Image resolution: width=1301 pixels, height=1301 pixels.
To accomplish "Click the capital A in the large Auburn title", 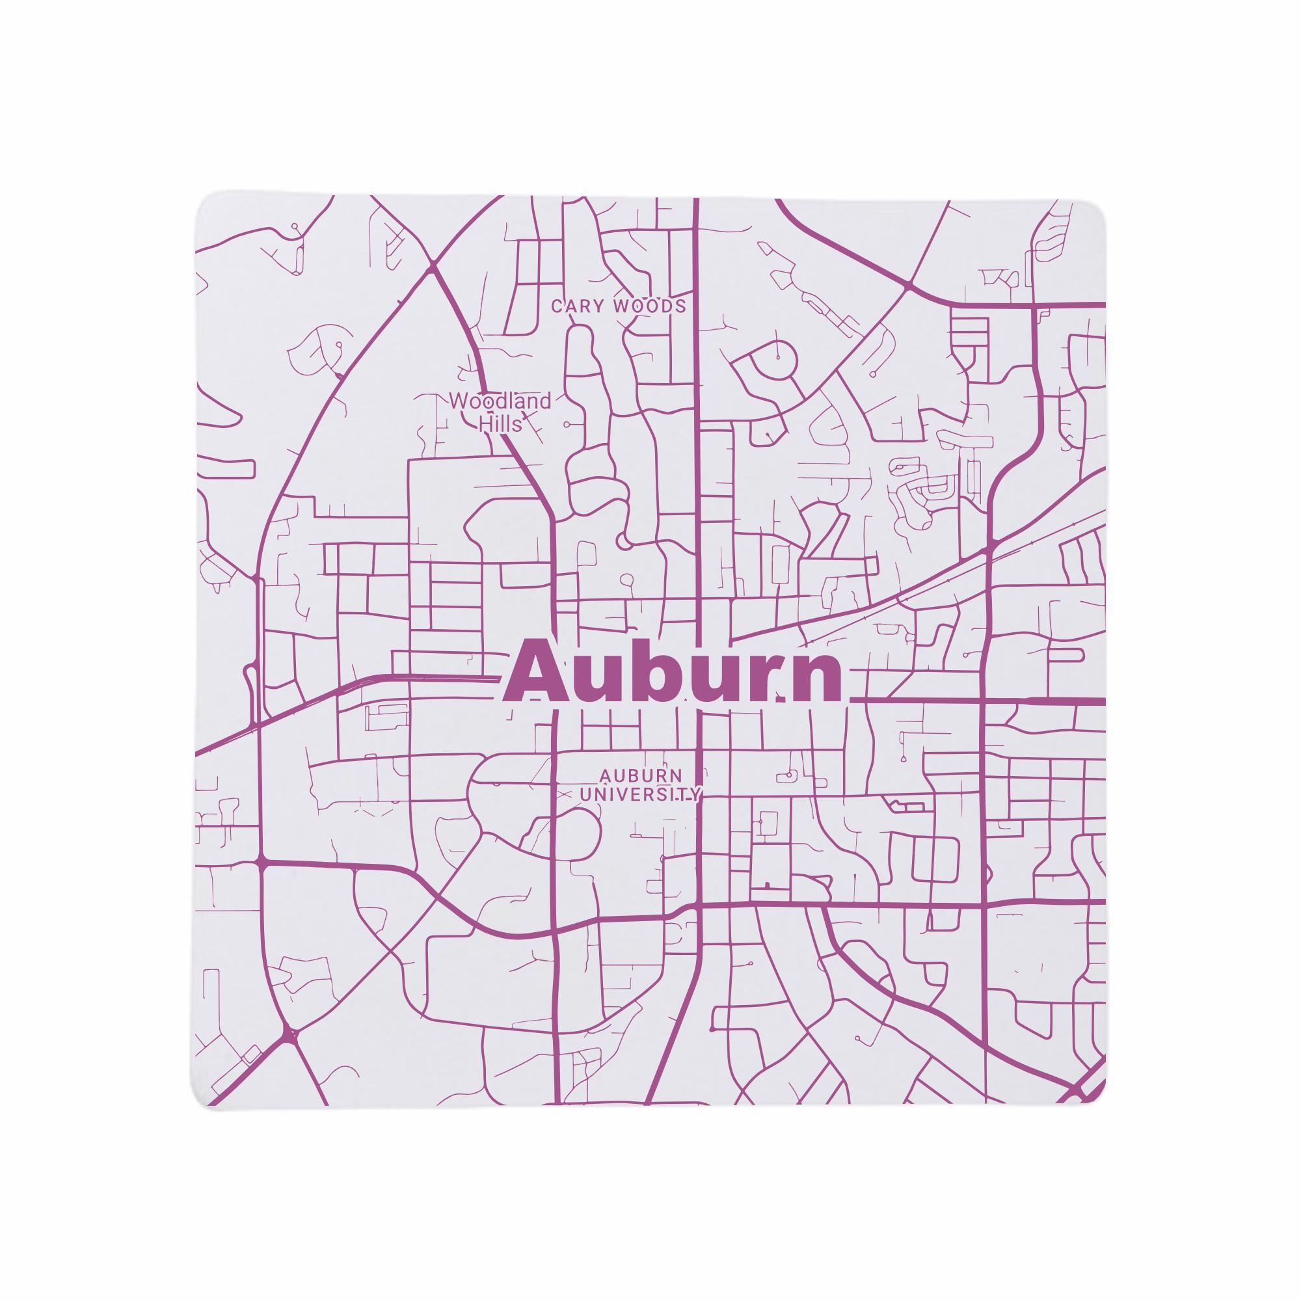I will coord(537,673).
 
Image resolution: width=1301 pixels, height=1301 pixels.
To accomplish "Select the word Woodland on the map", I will coord(500,402).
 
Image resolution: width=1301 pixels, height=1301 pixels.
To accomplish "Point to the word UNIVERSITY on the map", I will coord(640,796).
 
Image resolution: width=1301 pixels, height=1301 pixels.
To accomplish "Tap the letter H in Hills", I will coord(483,424).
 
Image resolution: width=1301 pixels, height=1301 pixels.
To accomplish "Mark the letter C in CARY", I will coord(556,307).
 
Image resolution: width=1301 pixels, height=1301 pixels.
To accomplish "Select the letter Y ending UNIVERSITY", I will coord(695,796).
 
